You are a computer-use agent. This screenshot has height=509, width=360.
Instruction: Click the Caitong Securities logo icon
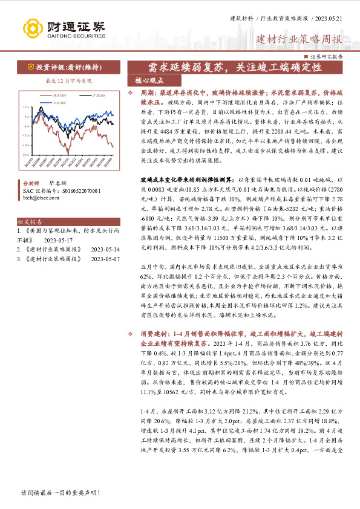pyautogui.click(x=33, y=28)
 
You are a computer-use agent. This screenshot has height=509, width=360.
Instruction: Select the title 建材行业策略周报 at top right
pyautogui.click(x=299, y=40)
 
